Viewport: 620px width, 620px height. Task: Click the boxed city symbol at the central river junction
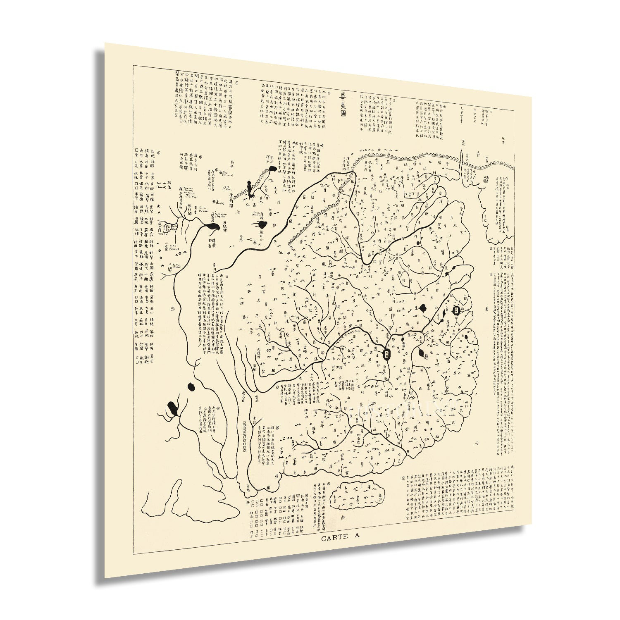point(386,353)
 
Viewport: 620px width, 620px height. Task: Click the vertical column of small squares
point(245,436)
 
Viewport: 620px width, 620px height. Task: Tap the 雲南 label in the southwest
point(257,399)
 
